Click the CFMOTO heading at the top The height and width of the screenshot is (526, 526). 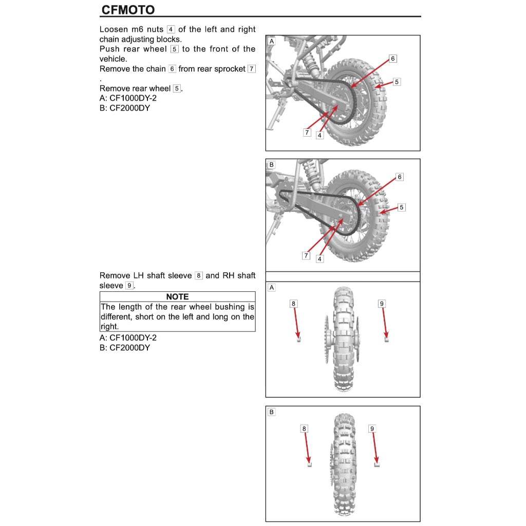point(128,10)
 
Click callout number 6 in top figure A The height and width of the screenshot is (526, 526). point(393,59)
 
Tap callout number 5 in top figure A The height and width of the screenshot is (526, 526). point(397,82)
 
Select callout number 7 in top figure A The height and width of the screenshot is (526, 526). point(307,133)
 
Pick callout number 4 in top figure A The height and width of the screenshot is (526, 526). point(320,136)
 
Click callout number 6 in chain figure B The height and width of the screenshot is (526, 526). point(400,177)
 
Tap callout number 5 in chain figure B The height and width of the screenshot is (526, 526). point(402,208)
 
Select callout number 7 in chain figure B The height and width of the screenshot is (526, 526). point(306,255)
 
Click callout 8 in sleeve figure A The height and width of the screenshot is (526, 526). point(293,304)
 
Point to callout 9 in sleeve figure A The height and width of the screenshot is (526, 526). point(382,304)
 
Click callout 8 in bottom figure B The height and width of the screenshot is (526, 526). point(304,428)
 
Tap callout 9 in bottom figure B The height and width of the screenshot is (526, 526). point(372,428)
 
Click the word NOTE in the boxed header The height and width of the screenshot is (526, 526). point(177,297)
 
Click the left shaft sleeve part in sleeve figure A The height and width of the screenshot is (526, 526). point(298,339)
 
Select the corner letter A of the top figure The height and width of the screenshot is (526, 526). point(271,41)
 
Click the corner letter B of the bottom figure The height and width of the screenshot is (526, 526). point(271,411)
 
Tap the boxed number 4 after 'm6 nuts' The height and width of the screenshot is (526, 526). point(171,30)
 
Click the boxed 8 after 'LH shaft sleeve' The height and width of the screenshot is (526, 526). point(199,276)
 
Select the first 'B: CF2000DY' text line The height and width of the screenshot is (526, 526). point(125,108)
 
